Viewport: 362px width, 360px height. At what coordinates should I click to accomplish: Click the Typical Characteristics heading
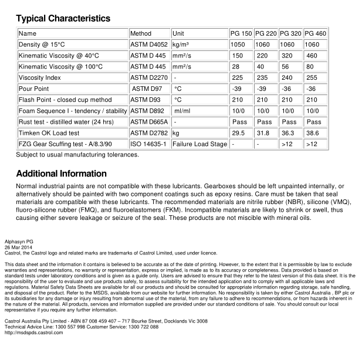coord(63,19)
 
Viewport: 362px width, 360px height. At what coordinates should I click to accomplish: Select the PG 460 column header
coord(316,33)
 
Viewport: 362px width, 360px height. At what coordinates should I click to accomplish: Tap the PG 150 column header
coord(241,33)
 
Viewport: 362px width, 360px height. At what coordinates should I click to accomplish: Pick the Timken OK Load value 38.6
coord(314,133)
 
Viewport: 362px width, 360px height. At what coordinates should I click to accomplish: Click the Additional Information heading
coord(61,174)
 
